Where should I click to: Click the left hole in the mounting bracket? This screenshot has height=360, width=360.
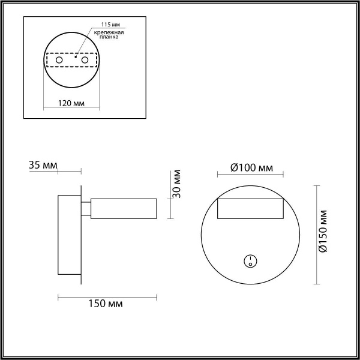(x=59, y=61)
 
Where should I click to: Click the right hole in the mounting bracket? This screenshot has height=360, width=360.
(x=85, y=61)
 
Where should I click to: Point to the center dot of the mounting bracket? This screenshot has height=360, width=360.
(x=75, y=57)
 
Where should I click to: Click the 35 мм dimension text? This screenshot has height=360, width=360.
(x=43, y=164)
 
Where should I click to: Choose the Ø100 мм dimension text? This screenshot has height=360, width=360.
(x=251, y=167)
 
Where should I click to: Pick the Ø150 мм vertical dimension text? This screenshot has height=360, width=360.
(x=324, y=232)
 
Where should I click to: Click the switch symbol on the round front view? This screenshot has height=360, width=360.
(x=250, y=260)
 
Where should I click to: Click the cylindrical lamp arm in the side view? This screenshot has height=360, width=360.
(x=124, y=208)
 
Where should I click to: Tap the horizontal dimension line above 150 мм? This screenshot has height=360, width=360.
(x=107, y=296)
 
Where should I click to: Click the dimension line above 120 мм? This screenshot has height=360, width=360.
(x=71, y=94)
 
